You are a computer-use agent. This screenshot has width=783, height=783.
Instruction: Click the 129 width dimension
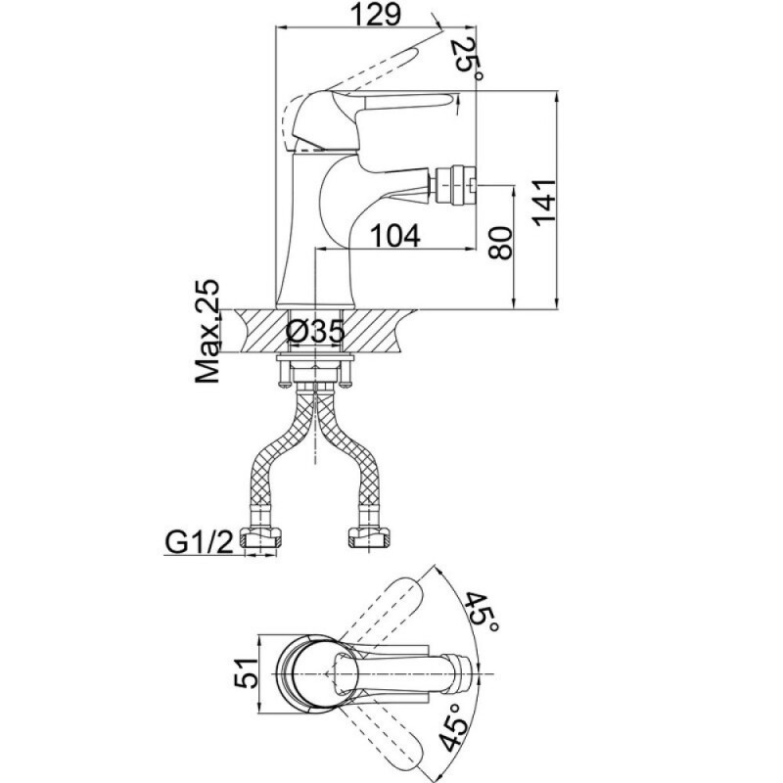click(376, 14)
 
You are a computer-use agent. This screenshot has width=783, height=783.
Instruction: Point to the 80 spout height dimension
click(500, 243)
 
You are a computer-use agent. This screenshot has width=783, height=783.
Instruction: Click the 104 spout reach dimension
click(396, 235)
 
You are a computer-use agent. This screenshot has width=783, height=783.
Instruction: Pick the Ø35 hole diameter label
click(315, 331)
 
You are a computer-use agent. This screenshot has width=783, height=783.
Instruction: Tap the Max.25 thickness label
click(207, 331)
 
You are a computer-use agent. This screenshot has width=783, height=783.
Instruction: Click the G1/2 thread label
click(200, 542)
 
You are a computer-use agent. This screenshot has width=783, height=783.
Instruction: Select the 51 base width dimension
click(247, 672)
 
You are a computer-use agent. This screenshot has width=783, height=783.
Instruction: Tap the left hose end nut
click(260, 539)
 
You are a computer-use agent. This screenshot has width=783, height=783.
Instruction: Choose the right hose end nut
click(368, 539)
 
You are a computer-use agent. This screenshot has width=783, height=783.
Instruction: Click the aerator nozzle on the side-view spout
click(456, 187)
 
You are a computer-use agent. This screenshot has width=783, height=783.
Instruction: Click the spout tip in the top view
click(462, 673)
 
